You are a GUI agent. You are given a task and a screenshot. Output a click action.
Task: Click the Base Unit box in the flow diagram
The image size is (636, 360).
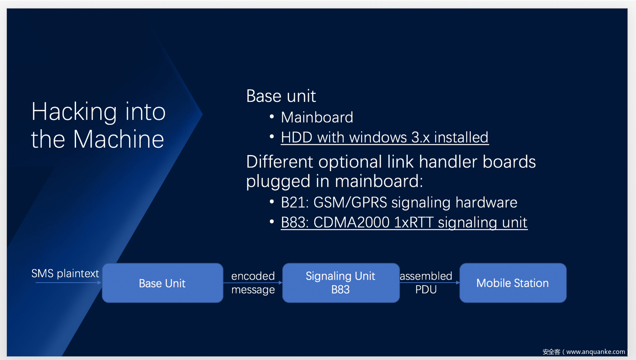click(162, 283)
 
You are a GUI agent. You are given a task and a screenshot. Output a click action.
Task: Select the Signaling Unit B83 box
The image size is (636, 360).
click(341, 283)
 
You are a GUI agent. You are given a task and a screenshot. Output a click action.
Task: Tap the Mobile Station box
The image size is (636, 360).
click(513, 283)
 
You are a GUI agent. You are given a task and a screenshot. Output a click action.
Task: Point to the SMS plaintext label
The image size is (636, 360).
click(65, 274)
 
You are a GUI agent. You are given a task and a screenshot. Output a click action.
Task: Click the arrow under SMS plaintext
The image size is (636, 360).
click(68, 283)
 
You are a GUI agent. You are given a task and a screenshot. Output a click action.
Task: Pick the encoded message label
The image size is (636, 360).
click(253, 283)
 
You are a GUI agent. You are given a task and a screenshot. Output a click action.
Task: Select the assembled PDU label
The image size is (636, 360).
click(426, 283)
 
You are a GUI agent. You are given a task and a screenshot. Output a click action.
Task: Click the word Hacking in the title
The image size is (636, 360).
click(74, 112)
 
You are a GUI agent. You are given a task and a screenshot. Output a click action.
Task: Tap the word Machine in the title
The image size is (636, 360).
click(118, 139)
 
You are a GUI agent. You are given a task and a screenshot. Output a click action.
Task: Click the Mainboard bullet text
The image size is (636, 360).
click(317, 117)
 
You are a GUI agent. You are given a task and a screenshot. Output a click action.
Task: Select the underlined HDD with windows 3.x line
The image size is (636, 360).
click(385, 138)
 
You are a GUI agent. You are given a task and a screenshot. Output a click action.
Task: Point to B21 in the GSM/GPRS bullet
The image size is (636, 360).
click(294, 202)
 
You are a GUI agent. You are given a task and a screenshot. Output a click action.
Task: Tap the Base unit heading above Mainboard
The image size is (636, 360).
click(281, 96)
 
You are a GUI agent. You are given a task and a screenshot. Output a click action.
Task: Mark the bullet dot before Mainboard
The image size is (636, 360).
click(272, 117)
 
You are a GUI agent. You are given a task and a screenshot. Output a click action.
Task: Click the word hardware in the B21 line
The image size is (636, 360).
click(487, 202)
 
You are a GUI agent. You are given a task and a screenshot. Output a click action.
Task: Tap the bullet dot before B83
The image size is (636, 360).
click(272, 221)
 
